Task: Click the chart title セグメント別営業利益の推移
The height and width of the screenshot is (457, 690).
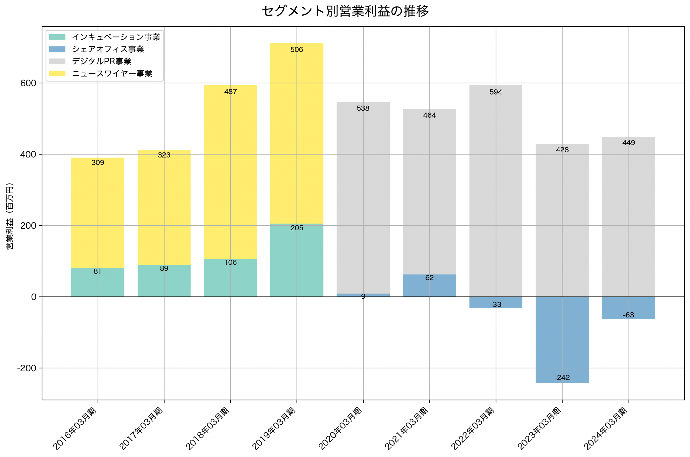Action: (x=345, y=11)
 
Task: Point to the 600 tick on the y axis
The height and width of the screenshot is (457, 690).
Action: (x=28, y=83)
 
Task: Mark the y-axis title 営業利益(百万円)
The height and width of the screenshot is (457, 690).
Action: (x=10, y=216)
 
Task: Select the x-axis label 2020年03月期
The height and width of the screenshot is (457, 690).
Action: (x=340, y=428)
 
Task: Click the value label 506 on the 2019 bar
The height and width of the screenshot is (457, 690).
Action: (x=296, y=50)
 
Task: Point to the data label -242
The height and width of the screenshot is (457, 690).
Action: (x=562, y=378)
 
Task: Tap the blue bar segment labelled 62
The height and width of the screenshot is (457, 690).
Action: (x=429, y=287)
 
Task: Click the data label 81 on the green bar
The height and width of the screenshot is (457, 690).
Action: (x=97, y=271)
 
